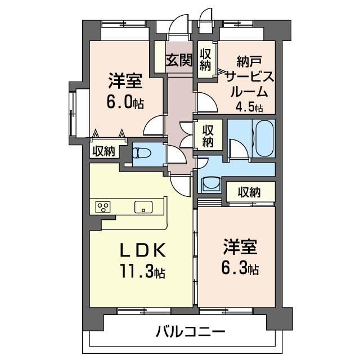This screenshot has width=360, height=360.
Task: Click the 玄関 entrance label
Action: click(179, 60)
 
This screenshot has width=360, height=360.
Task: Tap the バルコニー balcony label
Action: click(191, 331)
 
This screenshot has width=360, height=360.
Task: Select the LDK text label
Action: click(143, 250)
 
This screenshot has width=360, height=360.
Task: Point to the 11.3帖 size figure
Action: click(142, 272)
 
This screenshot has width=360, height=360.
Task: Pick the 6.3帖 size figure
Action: click(240, 268)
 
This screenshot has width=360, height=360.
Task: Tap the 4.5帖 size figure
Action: click(249, 107)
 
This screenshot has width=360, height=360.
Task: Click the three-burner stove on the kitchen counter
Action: click(103, 208)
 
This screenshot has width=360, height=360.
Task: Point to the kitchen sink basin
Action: click(143, 207)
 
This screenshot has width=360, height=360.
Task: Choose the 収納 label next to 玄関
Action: click(205, 60)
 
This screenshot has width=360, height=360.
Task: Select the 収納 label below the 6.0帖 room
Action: click(103, 151)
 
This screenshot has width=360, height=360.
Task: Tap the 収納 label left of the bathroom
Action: click(208, 136)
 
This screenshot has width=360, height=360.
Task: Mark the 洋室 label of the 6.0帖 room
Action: click(125, 81)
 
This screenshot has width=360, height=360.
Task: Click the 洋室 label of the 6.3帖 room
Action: click(240, 247)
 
